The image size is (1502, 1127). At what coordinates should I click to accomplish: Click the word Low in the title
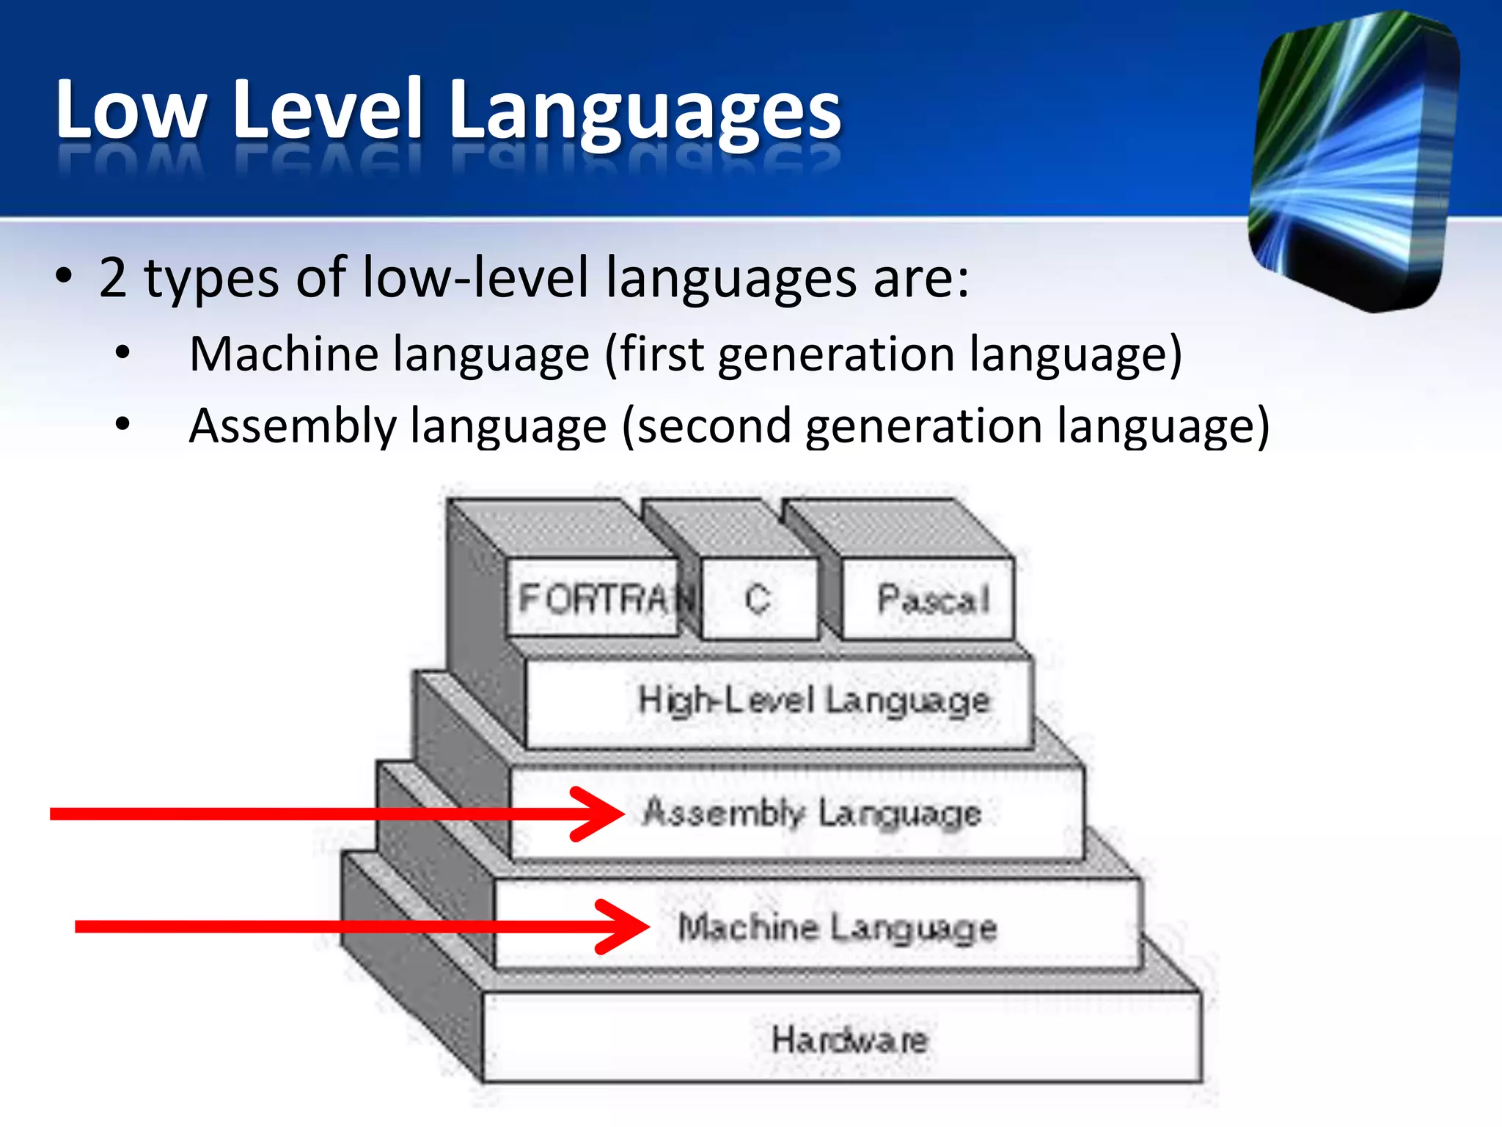[131, 110]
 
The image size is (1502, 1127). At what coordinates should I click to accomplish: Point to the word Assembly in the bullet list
[292, 427]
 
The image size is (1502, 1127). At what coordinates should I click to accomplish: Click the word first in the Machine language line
[663, 354]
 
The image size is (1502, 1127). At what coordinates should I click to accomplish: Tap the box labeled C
[758, 598]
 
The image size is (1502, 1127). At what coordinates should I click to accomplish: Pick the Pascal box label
[933, 599]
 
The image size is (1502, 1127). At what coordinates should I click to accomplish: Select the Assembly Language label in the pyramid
[811, 813]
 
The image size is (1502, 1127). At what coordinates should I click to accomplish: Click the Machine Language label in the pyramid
[837, 927]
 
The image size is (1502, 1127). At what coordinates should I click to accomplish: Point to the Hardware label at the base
[849, 1040]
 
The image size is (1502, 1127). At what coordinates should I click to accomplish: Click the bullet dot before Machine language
[122, 354]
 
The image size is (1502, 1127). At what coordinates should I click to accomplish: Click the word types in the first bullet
[211, 279]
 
